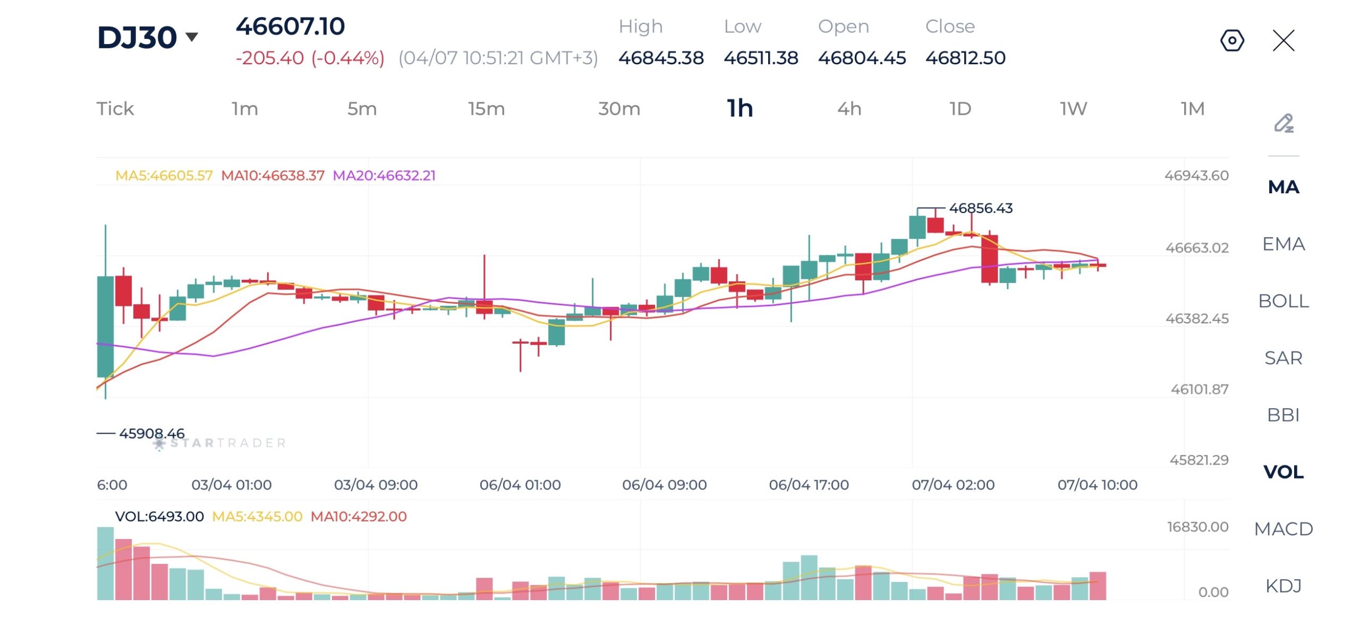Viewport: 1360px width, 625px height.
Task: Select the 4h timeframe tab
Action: pos(849,109)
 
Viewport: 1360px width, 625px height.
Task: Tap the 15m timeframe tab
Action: pos(486,109)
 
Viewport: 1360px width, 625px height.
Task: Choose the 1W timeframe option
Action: pos(1073,109)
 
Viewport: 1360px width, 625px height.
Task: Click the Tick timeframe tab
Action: pos(115,109)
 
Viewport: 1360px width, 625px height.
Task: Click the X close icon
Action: pos(1283,40)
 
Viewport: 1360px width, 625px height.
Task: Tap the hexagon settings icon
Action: pos(1232,40)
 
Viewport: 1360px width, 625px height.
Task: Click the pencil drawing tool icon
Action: pos(1283,123)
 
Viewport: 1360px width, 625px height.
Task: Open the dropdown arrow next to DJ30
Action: pos(192,37)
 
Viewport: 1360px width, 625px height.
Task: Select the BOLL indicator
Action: pos(1283,301)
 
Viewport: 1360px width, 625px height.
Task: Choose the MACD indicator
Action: pos(1283,529)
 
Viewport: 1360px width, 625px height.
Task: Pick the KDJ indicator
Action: pos(1283,586)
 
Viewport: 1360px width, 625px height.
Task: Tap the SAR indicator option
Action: pos(1283,358)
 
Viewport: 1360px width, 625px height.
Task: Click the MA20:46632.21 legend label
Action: pos(384,176)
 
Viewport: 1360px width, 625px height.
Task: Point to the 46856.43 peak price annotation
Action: pos(981,208)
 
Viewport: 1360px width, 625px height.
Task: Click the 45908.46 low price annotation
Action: pos(151,433)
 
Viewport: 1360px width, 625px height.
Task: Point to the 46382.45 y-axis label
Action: pos(1197,319)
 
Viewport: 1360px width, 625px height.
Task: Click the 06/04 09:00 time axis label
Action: pos(664,485)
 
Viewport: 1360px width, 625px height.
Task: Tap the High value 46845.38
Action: pos(661,58)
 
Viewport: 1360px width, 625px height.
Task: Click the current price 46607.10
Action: pos(290,27)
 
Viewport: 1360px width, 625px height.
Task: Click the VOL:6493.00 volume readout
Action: pos(159,517)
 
